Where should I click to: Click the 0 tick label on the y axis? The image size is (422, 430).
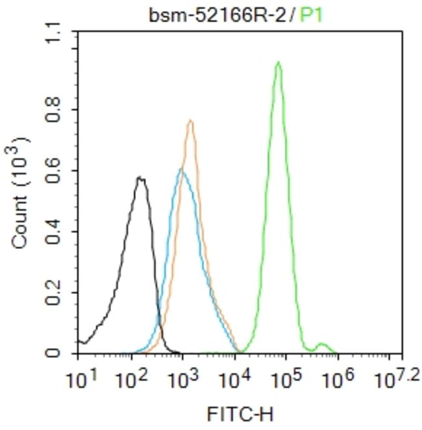pyautogui.click(x=65, y=353)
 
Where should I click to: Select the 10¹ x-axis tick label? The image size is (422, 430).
pyautogui.click(x=81, y=376)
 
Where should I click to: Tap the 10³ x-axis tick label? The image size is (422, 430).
pyautogui.click(x=183, y=376)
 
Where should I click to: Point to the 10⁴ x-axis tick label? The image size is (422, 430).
pyautogui.click(x=234, y=376)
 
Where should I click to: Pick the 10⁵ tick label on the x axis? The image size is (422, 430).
pyautogui.click(x=286, y=376)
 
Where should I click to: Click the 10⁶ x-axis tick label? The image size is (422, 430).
pyautogui.click(x=338, y=376)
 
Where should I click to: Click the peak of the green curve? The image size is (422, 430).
pyautogui.click(x=278, y=62)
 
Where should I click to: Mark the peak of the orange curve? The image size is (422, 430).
pyautogui.click(x=190, y=120)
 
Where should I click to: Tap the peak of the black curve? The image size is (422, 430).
pyautogui.click(x=140, y=177)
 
